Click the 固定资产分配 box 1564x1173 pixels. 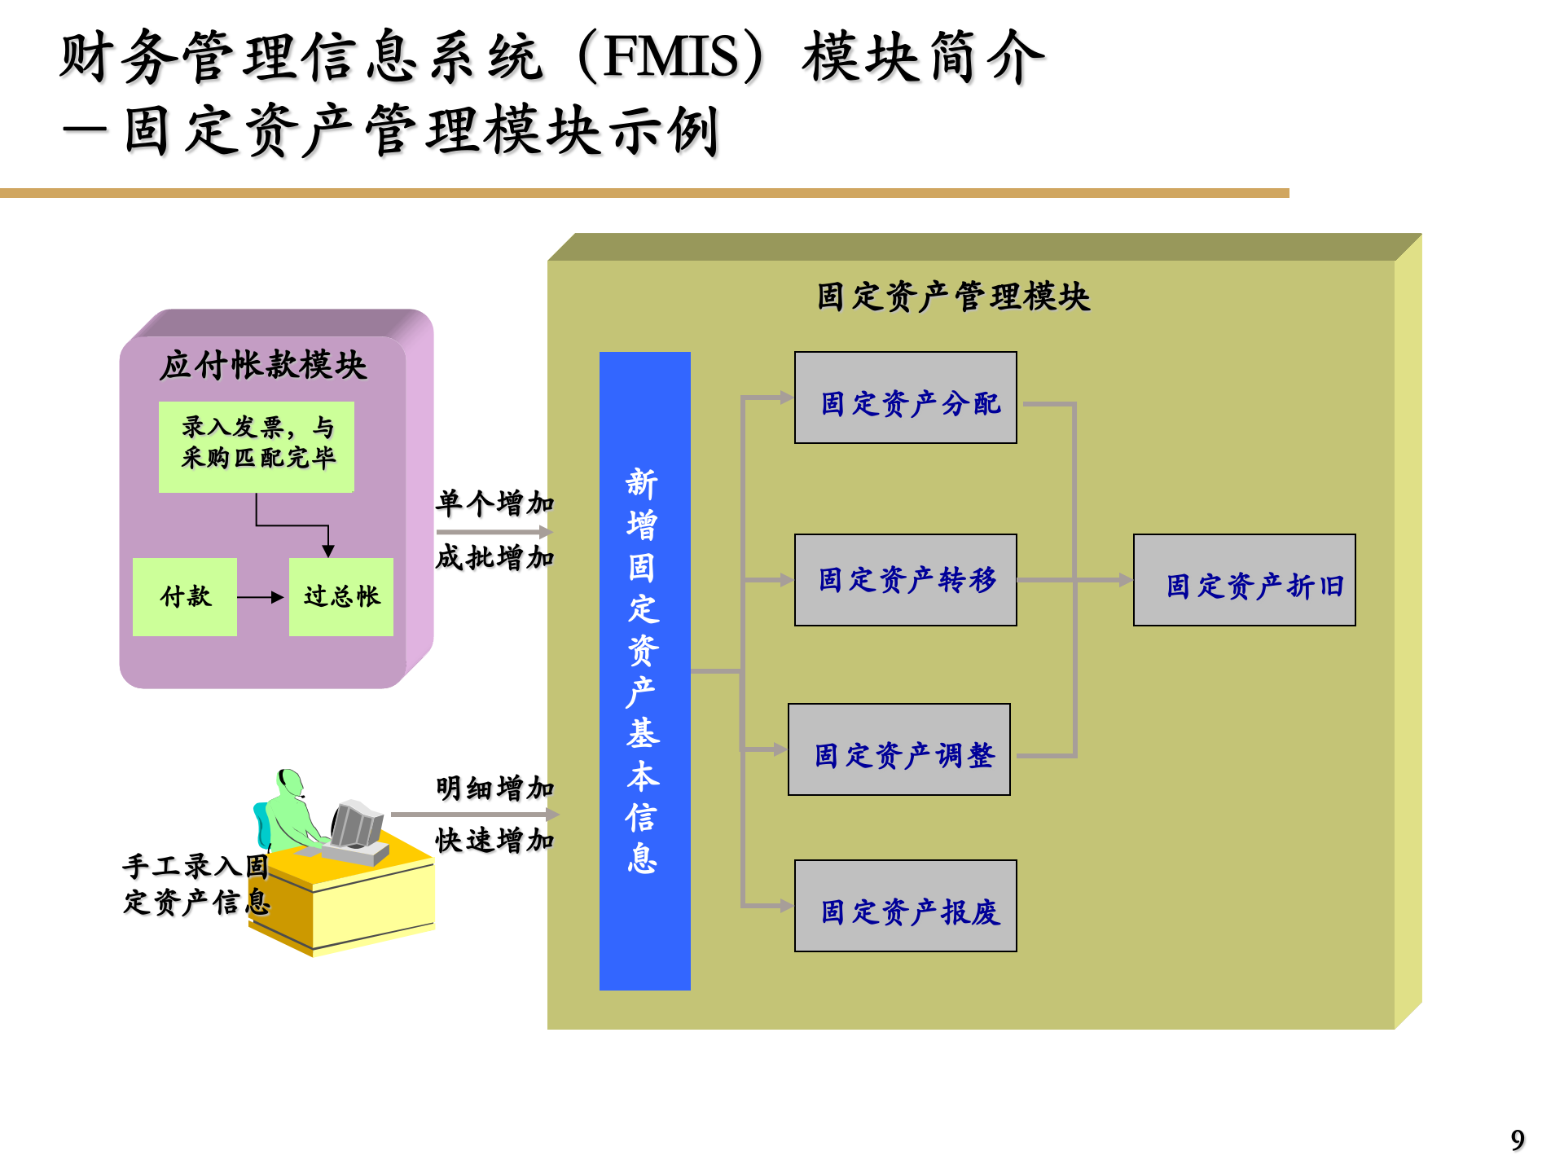point(905,398)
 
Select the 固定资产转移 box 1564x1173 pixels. point(905,580)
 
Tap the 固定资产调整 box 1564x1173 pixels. point(898,749)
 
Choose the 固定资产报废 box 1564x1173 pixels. point(905,906)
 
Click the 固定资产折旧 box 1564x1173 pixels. point(1244,580)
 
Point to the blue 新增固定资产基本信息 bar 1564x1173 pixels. point(644,670)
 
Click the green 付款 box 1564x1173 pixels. point(185,597)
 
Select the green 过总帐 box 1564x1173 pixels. point(341,597)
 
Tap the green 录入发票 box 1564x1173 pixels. point(257,446)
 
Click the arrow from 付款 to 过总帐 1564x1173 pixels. point(261,597)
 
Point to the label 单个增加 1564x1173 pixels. point(494,503)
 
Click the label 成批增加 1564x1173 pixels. point(494,558)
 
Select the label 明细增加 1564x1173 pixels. point(494,788)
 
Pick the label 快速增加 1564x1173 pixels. point(494,840)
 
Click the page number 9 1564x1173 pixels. point(1518,1140)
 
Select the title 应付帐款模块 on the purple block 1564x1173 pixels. point(263,365)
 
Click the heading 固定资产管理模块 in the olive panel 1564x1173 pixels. point(953,297)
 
